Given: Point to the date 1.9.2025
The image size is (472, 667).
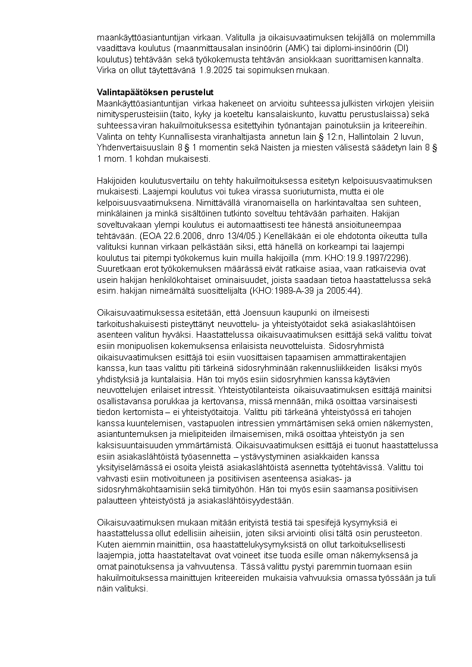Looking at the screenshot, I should pos(212,70).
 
